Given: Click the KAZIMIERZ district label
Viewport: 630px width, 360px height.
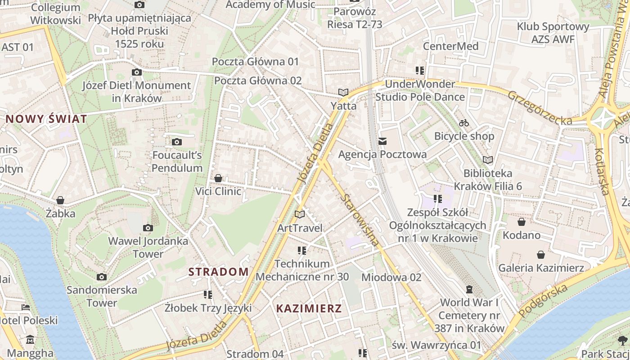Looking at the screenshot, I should pos(309,309).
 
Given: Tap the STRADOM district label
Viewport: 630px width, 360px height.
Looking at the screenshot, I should pos(218,272).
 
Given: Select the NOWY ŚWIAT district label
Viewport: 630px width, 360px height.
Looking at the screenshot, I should pos(46,119).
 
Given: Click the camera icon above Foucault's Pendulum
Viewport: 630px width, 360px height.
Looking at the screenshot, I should pos(177,142).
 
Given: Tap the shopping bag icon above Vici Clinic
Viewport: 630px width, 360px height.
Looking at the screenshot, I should pos(218,179).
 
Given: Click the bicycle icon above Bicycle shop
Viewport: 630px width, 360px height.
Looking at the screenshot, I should pos(464,123).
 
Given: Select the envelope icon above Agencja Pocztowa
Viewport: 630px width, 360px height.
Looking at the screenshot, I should pos(382,142).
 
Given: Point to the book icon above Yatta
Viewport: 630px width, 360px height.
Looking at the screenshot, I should pos(343,93).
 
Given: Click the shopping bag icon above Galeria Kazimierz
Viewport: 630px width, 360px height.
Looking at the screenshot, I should pos(541,255).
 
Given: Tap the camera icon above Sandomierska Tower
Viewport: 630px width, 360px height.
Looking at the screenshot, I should pos(102,277).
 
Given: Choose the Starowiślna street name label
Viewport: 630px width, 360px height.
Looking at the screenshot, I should pos(360,220).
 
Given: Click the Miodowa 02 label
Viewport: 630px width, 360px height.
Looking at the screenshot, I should pos(391,277).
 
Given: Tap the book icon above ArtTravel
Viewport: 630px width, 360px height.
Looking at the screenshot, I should pos(300,215).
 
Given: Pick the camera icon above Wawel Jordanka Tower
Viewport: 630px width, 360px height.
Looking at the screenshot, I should pos(148,228).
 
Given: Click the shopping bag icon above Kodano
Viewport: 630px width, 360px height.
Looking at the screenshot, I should pos(522,222).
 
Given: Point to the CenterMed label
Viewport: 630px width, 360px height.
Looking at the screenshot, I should pos(450,46).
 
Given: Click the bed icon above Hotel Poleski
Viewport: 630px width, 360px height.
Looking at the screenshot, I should pos(26,307).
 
